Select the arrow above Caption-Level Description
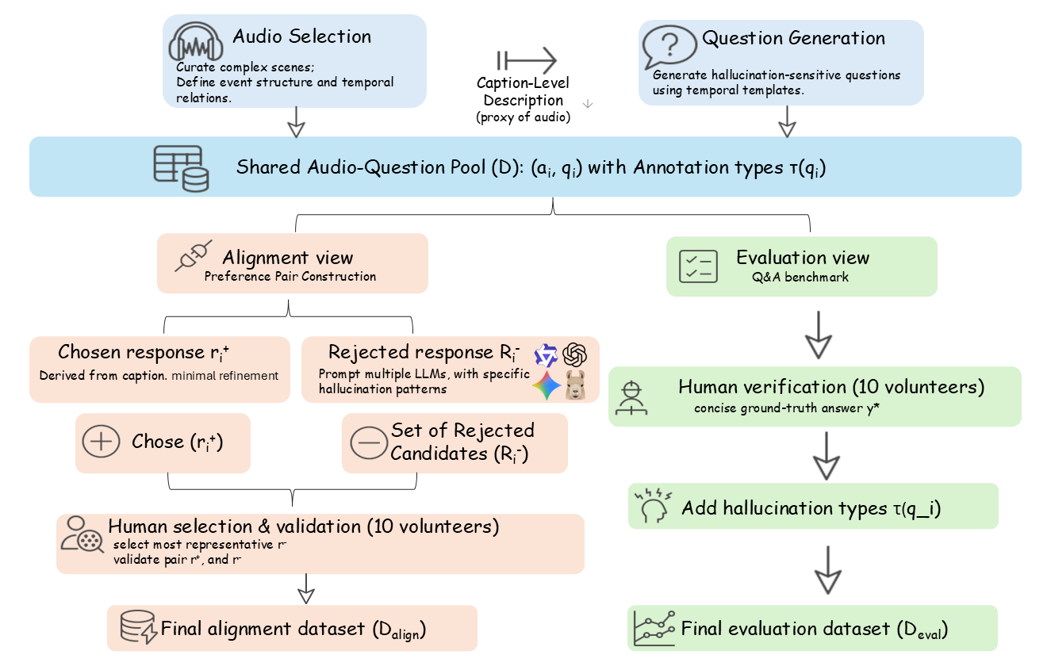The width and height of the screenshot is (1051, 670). coord(527,60)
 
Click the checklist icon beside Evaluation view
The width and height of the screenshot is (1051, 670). coord(698,266)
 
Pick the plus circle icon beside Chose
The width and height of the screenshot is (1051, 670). coord(101,442)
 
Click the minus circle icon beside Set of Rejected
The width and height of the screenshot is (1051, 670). coord(367,443)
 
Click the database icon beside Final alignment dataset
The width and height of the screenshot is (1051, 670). coord(136,629)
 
